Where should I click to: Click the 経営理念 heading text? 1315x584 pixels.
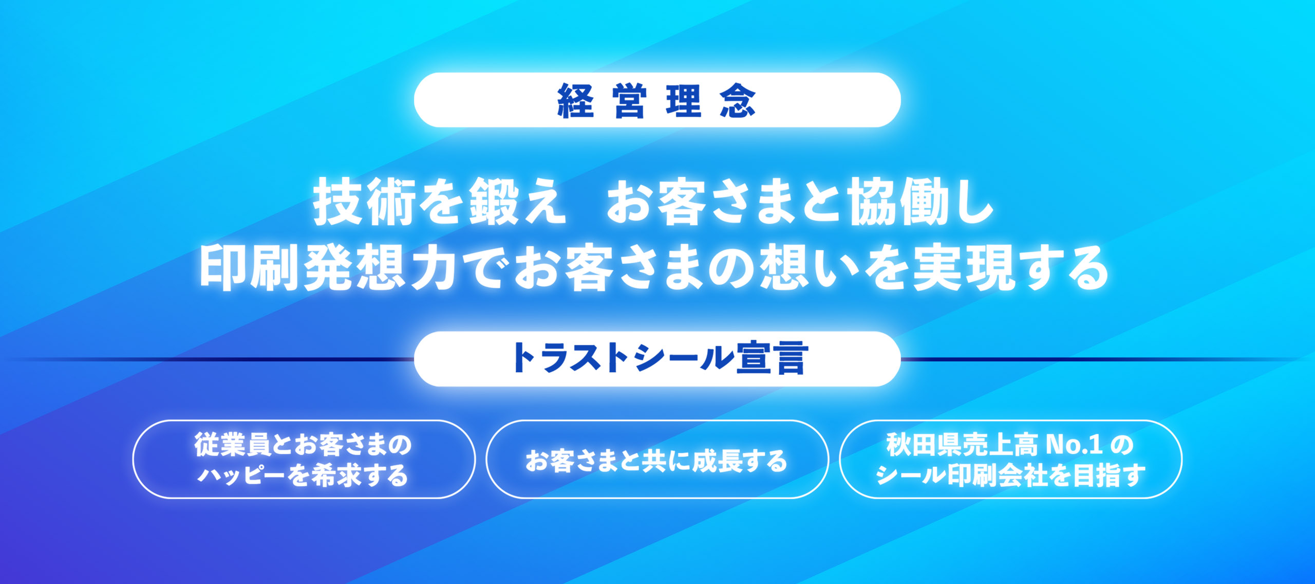point(656,101)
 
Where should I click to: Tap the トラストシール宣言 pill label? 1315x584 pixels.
point(657,358)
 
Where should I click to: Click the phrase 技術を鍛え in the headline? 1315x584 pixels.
point(440,201)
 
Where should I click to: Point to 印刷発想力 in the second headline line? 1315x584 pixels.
point(328,267)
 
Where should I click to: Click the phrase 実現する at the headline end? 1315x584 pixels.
point(1010,267)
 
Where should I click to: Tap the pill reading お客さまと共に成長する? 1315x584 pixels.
point(657,459)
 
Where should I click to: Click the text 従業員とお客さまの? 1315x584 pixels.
point(303,444)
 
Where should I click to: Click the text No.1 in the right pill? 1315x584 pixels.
point(1074,445)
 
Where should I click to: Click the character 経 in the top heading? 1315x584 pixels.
point(575,101)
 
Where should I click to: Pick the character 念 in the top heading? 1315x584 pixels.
point(738,101)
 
